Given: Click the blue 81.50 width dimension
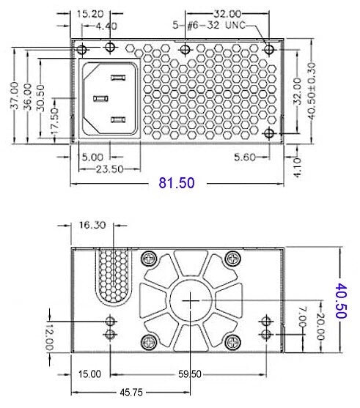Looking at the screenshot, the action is tap(177, 182).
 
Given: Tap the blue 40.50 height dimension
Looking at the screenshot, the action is tap(341, 301).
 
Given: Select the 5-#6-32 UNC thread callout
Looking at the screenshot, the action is tap(209, 25).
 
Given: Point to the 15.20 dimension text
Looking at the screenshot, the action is tap(90, 14).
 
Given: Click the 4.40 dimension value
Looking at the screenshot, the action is tap(106, 26).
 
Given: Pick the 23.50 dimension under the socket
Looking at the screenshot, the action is tap(110, 169).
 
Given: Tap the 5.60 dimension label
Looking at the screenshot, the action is tap(245, 157).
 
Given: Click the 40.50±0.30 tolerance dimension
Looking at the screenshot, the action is tap(312, 91).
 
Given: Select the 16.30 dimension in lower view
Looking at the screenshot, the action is tap(92, 225).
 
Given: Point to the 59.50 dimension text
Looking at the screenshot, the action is tap(190, 374).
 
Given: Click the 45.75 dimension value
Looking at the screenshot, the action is tap(131, 393).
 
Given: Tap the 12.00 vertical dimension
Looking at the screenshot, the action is tap(49, 338).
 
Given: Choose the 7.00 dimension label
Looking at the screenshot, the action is tap(302, 316).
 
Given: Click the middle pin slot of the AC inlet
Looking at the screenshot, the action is tap(100, 99).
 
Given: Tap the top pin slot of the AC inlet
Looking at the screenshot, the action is tap(118, 78).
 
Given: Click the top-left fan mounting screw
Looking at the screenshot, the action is tap(149, 259).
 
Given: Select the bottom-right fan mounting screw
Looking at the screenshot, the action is tap(233, 342).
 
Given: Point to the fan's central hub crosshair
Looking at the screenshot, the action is tap(191, 301).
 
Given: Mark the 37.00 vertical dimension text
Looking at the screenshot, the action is tap(15, 95).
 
